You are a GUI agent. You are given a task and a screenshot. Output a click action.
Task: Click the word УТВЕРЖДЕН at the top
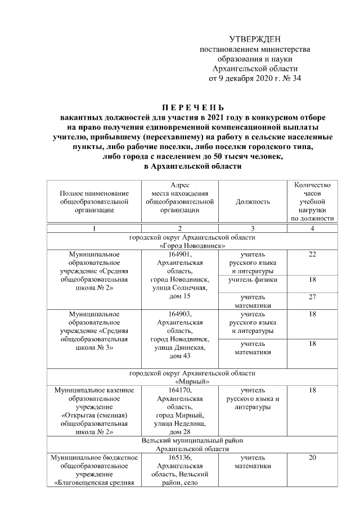coord(255,38)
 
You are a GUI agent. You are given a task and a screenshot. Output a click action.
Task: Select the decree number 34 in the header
coord(295,79)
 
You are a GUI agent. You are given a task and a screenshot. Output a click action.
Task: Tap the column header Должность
coord(253,201)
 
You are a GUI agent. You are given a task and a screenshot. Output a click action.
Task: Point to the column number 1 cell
coord(94,228)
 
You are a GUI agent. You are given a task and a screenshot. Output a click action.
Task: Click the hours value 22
coord(312,254)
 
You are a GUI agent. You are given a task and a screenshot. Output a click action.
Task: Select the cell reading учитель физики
coord(253,280)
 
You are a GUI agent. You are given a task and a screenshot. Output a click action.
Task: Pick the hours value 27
coord(312,297)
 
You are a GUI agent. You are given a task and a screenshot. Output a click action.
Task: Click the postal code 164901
coord(179,254)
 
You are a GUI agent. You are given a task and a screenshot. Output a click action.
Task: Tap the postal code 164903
coord(179,314)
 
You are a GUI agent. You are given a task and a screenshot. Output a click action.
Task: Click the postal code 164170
coord(179,389)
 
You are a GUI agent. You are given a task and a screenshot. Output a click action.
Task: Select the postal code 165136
coord(179,457)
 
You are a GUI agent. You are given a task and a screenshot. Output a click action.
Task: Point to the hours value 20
coord(312,457)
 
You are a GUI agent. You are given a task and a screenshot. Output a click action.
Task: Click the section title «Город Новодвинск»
coord(192,246)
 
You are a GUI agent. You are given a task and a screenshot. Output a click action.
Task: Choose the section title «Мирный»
coord(192,381)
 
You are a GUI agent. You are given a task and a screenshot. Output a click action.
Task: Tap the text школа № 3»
coord(94,348)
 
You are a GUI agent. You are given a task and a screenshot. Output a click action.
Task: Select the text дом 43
coord(179,356)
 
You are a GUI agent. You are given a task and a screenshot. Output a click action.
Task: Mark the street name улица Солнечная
coord(179,288)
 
